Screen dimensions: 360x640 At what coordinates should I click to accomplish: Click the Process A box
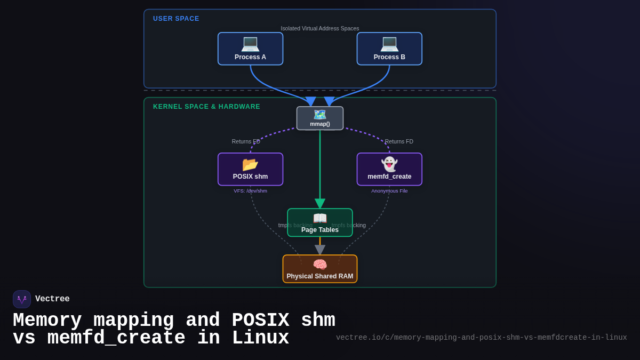tap(250, 49)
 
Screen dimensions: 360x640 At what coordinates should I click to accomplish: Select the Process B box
tap(389, 49)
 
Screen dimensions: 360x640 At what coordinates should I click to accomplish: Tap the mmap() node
tap(320, 118)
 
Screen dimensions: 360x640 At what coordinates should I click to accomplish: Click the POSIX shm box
tap(250, 170)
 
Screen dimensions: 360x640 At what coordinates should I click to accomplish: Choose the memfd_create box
tap(389, 170)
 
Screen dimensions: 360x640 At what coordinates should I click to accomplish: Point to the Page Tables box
tap(320, 223)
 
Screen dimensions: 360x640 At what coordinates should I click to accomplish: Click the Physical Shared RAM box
tap(320, 269)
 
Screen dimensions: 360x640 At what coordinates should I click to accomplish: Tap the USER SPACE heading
tap(176, 19)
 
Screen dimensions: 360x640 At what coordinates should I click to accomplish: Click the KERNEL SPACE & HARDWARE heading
tap(206, 107)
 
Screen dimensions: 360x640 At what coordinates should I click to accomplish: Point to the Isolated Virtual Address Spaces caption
tap(320, 28)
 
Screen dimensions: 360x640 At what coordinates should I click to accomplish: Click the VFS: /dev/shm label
tap(250, 191)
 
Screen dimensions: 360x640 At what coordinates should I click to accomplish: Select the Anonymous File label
tap(389, 191)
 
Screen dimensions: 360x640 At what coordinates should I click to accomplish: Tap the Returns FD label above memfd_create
tap(399, 141)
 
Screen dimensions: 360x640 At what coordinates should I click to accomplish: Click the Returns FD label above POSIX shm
tap(246, 141)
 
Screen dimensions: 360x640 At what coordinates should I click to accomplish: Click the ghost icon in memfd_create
tap(389, 164)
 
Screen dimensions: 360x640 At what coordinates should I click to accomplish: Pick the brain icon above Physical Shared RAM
tap(320, 264)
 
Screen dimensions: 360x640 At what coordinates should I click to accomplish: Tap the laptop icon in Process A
tap(250, 43)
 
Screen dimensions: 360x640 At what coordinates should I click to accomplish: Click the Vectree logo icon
tap(22, 299)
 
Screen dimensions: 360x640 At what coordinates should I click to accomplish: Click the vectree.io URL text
tap(481, 338)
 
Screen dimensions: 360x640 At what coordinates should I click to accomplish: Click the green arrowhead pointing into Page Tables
tap(320, 204)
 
